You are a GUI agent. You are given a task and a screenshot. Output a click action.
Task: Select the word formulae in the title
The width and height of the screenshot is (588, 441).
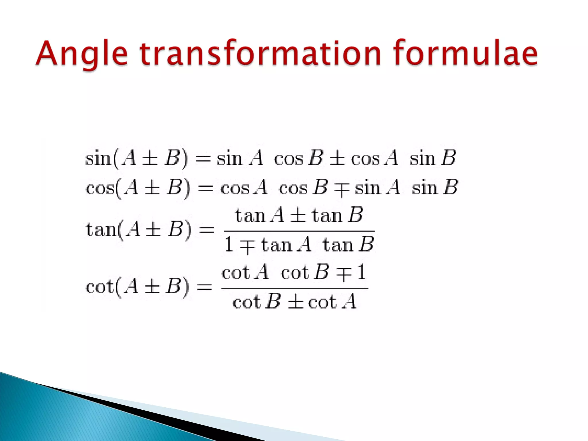pyautogui.click(x=465, y=53)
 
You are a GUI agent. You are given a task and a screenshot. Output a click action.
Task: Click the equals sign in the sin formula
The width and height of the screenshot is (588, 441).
pyautogui.click(x=203, y=159)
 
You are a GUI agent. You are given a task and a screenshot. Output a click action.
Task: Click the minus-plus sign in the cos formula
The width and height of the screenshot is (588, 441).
pyautogui.click(x=341, y=189)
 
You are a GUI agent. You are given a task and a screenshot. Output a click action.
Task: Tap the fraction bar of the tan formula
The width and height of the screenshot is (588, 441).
pyautogui.click(x=299, y=231)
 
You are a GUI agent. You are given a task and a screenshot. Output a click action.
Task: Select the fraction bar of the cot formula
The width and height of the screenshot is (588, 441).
pyautogui.click(x=295, y=288)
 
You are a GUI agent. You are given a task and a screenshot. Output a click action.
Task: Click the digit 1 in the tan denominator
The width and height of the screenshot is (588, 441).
pyautogui.click(x=229, y=245)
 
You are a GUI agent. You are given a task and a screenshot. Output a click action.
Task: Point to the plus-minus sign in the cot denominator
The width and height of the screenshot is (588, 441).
pyautogui.click(x=295, y=302)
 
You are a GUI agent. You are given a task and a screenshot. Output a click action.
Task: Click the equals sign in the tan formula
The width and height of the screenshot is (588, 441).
pyautogui.click(x=206, y=230)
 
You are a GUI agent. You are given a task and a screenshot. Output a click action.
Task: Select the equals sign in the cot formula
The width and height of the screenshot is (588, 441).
pyautogui.click(x=204, y=287)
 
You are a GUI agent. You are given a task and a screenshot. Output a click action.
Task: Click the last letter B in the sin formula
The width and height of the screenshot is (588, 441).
pyautogui.click(x=449, y=158)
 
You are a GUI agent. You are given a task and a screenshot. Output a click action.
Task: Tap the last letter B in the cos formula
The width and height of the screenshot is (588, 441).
pyautogui.click(x=450, y=187)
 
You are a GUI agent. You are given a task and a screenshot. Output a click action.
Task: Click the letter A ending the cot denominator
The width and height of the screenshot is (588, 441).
pyautogui.click(x=350, y=301)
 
